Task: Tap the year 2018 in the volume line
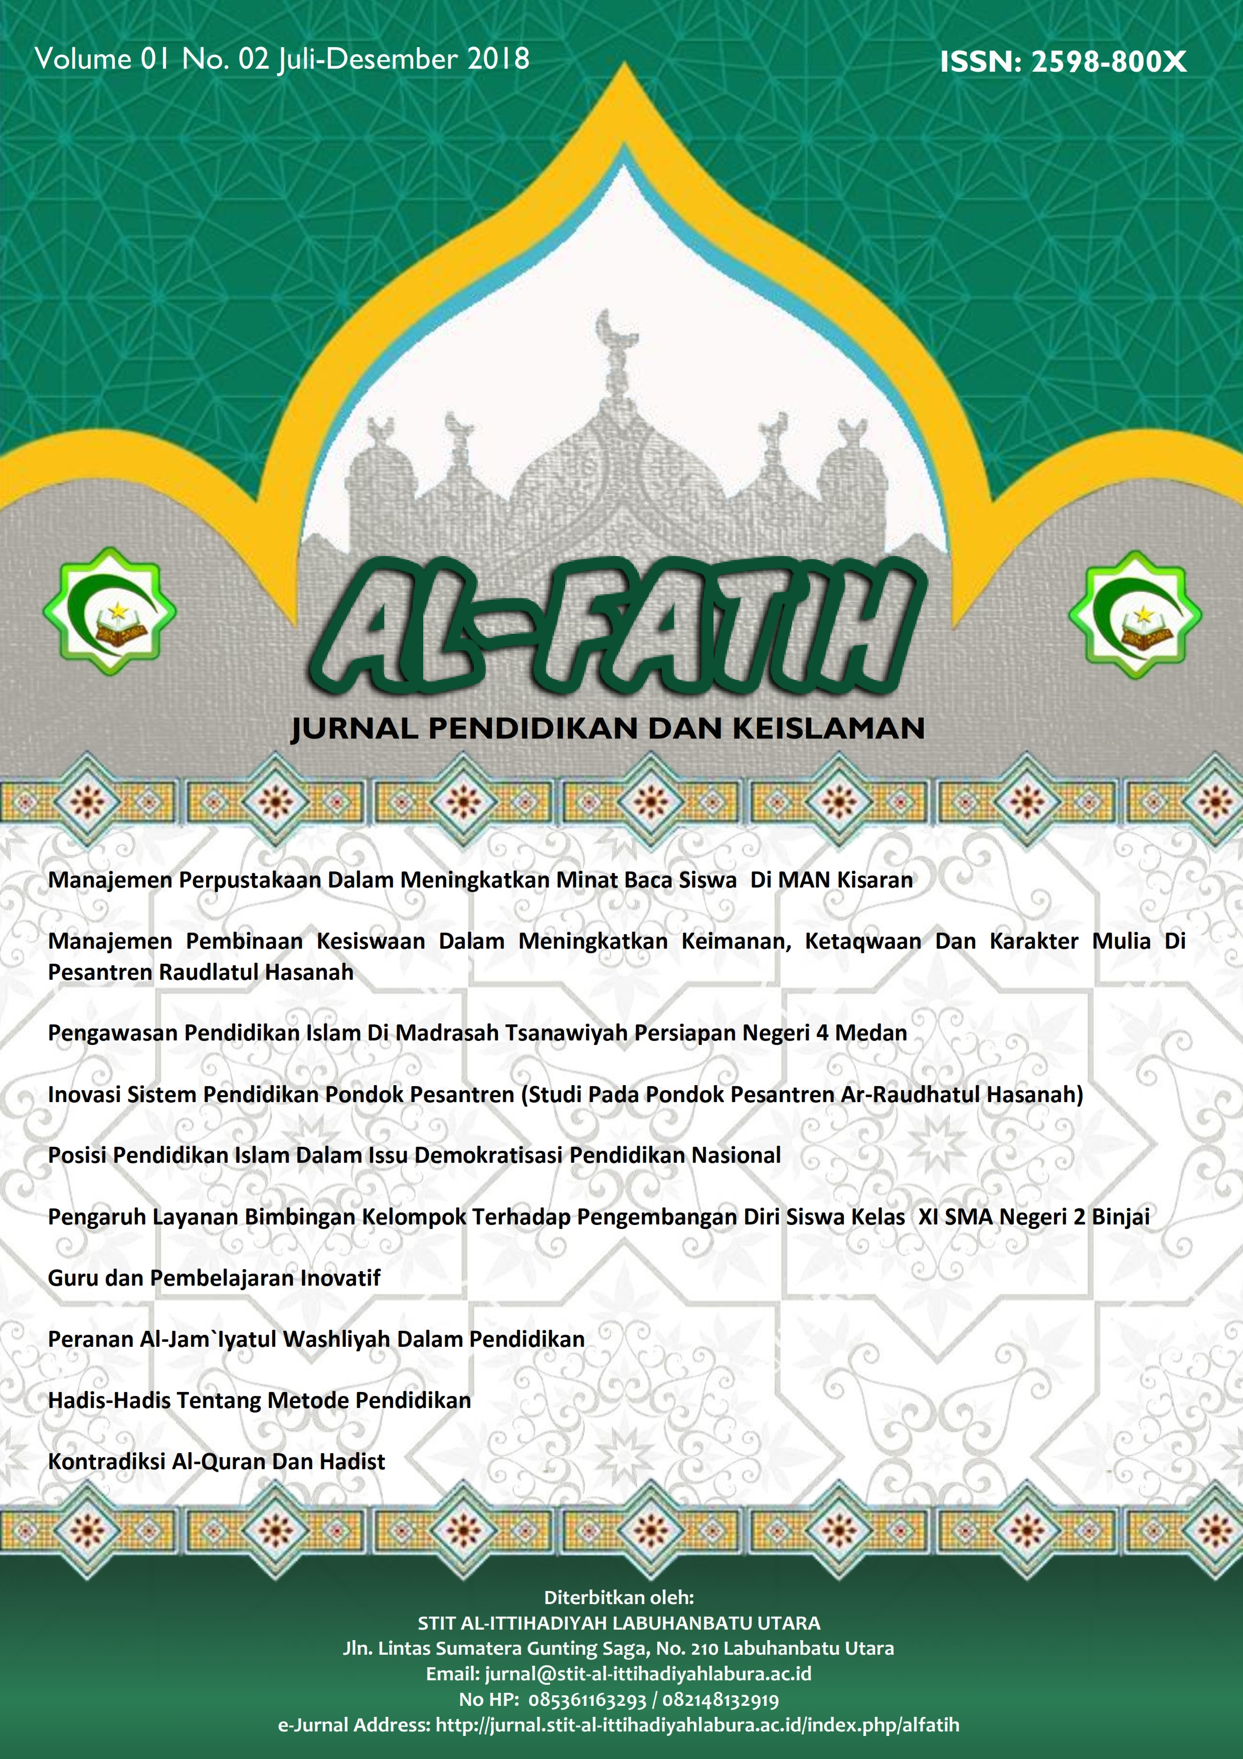(x=498, y=60)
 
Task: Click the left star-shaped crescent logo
(x=109, y=611)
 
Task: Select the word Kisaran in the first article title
(x=874, y=881)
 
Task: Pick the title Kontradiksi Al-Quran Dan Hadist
(x=217, y=1462)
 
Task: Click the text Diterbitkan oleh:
(x=619, y=1598)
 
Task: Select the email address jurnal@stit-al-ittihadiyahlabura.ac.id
(x=648, y=1674)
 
